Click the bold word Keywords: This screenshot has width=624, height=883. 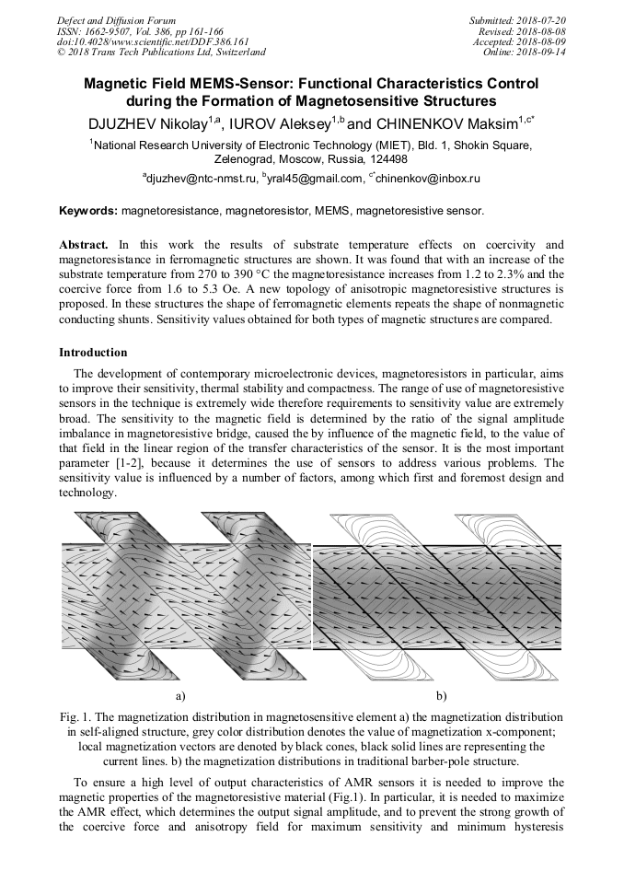point(88,211)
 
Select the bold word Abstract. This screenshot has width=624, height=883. point(84,245)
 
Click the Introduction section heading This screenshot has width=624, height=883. point(93,353)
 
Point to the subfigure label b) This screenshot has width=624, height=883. point(441,695)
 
